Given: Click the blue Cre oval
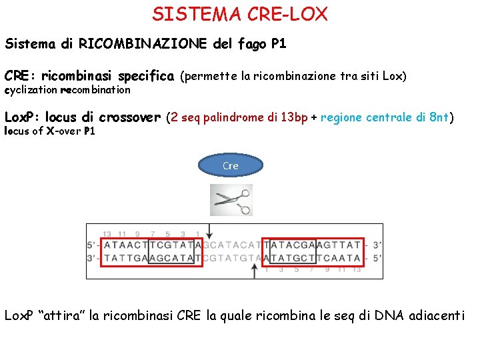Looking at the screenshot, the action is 231,166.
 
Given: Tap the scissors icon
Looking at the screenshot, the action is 231,200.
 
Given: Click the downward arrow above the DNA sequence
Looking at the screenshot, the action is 210,231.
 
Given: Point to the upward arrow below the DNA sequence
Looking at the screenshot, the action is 255,271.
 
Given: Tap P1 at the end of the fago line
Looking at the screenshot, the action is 279,44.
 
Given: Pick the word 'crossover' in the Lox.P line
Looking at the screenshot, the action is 129,118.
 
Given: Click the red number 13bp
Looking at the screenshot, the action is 293,118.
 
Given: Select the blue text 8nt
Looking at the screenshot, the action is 439,118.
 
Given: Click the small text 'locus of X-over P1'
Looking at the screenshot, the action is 50,131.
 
